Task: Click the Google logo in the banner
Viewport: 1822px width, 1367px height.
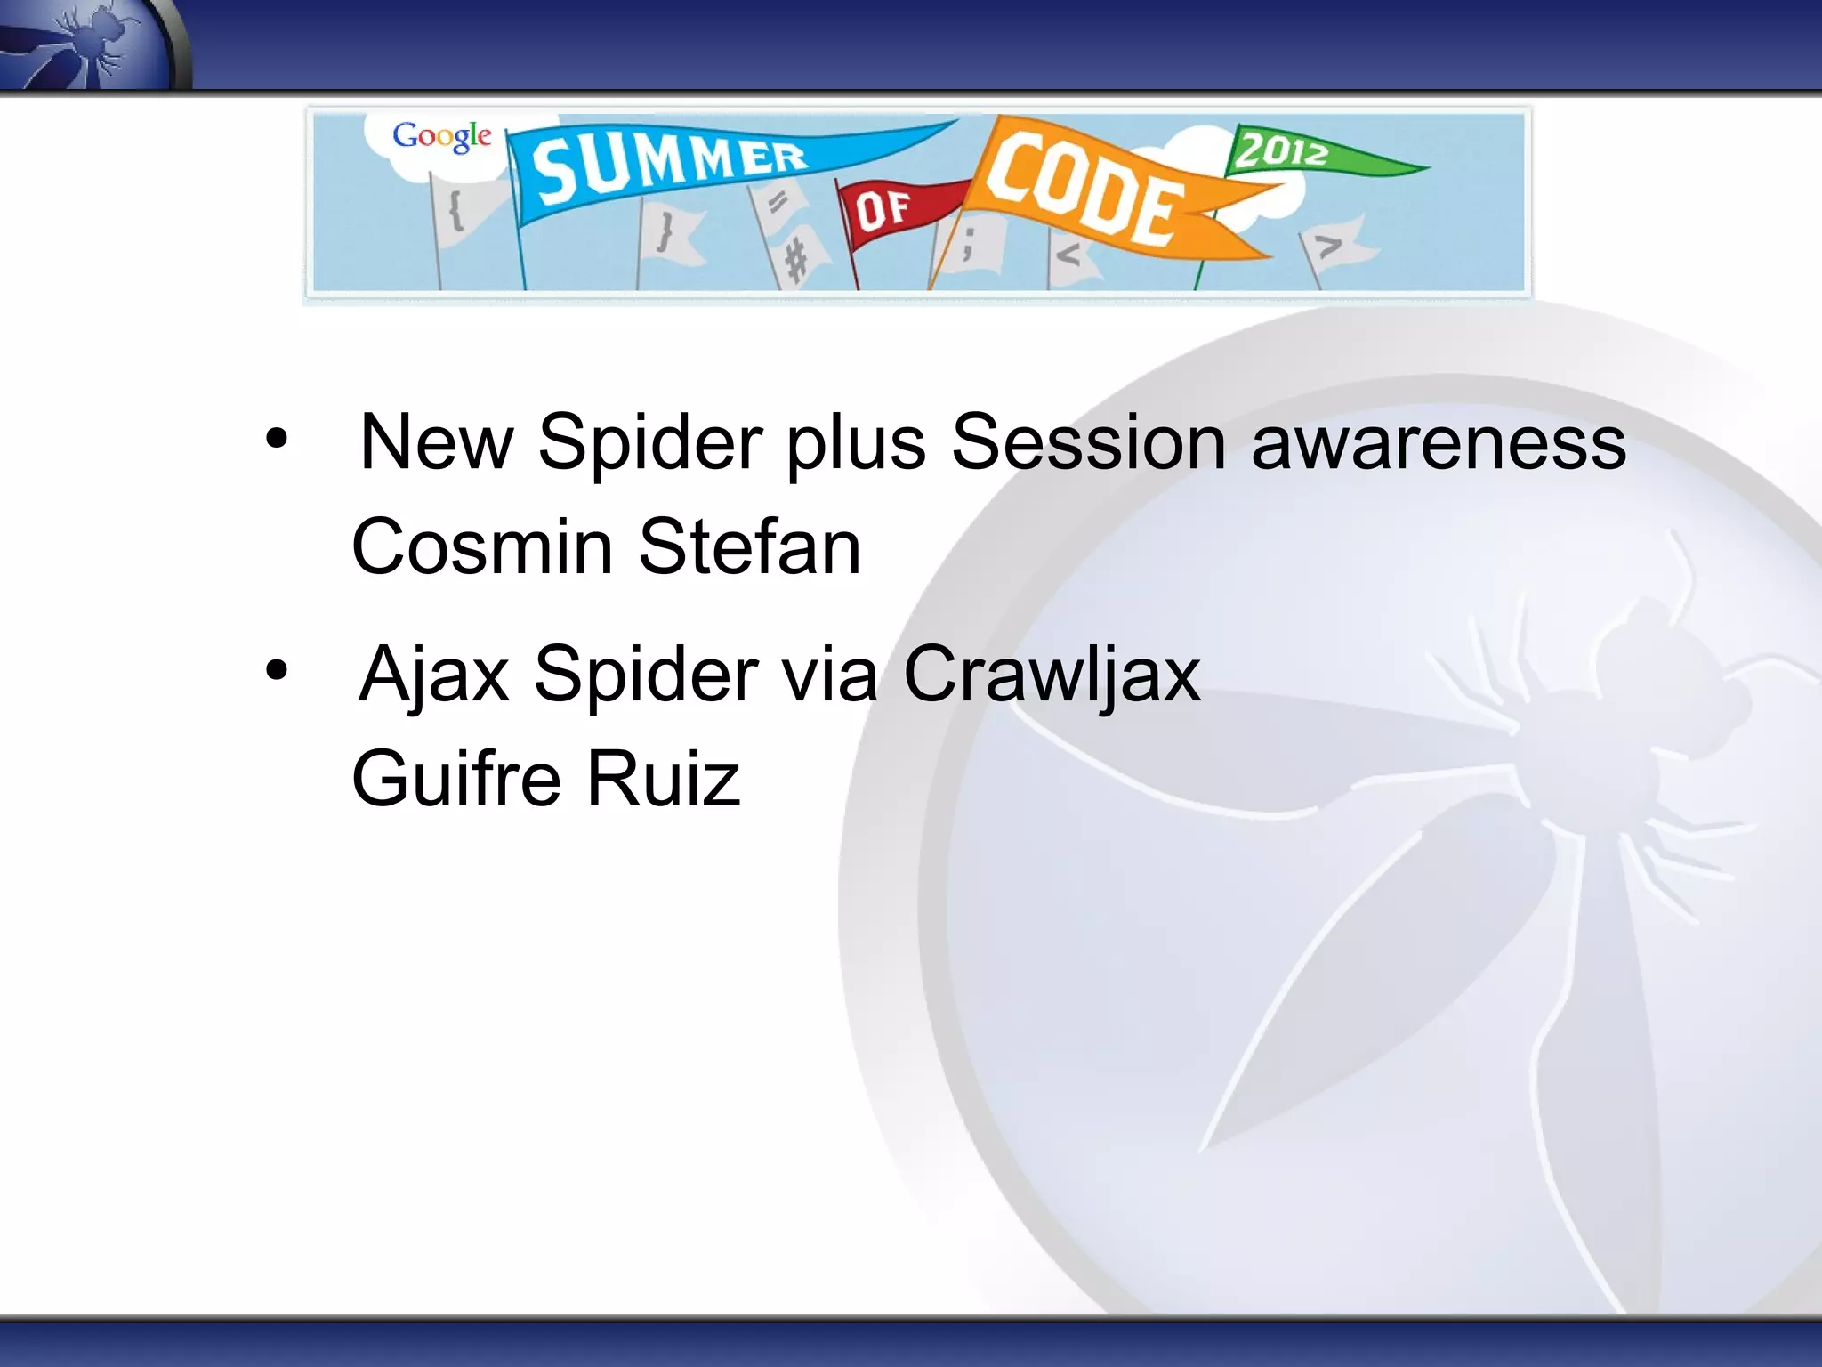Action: tap(442, 136)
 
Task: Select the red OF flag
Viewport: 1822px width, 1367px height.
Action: tap(890, 210)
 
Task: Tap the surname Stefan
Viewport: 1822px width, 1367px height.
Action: tap(749, 546)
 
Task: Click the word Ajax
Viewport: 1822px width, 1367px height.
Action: tap(434, 674)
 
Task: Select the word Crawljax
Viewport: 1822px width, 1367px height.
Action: tap(1052, 674)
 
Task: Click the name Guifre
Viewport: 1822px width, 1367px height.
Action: tap(455, 779)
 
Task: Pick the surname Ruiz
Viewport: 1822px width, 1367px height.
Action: tap(663, 779)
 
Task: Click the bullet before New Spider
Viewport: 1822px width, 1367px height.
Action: tap(277, 439)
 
